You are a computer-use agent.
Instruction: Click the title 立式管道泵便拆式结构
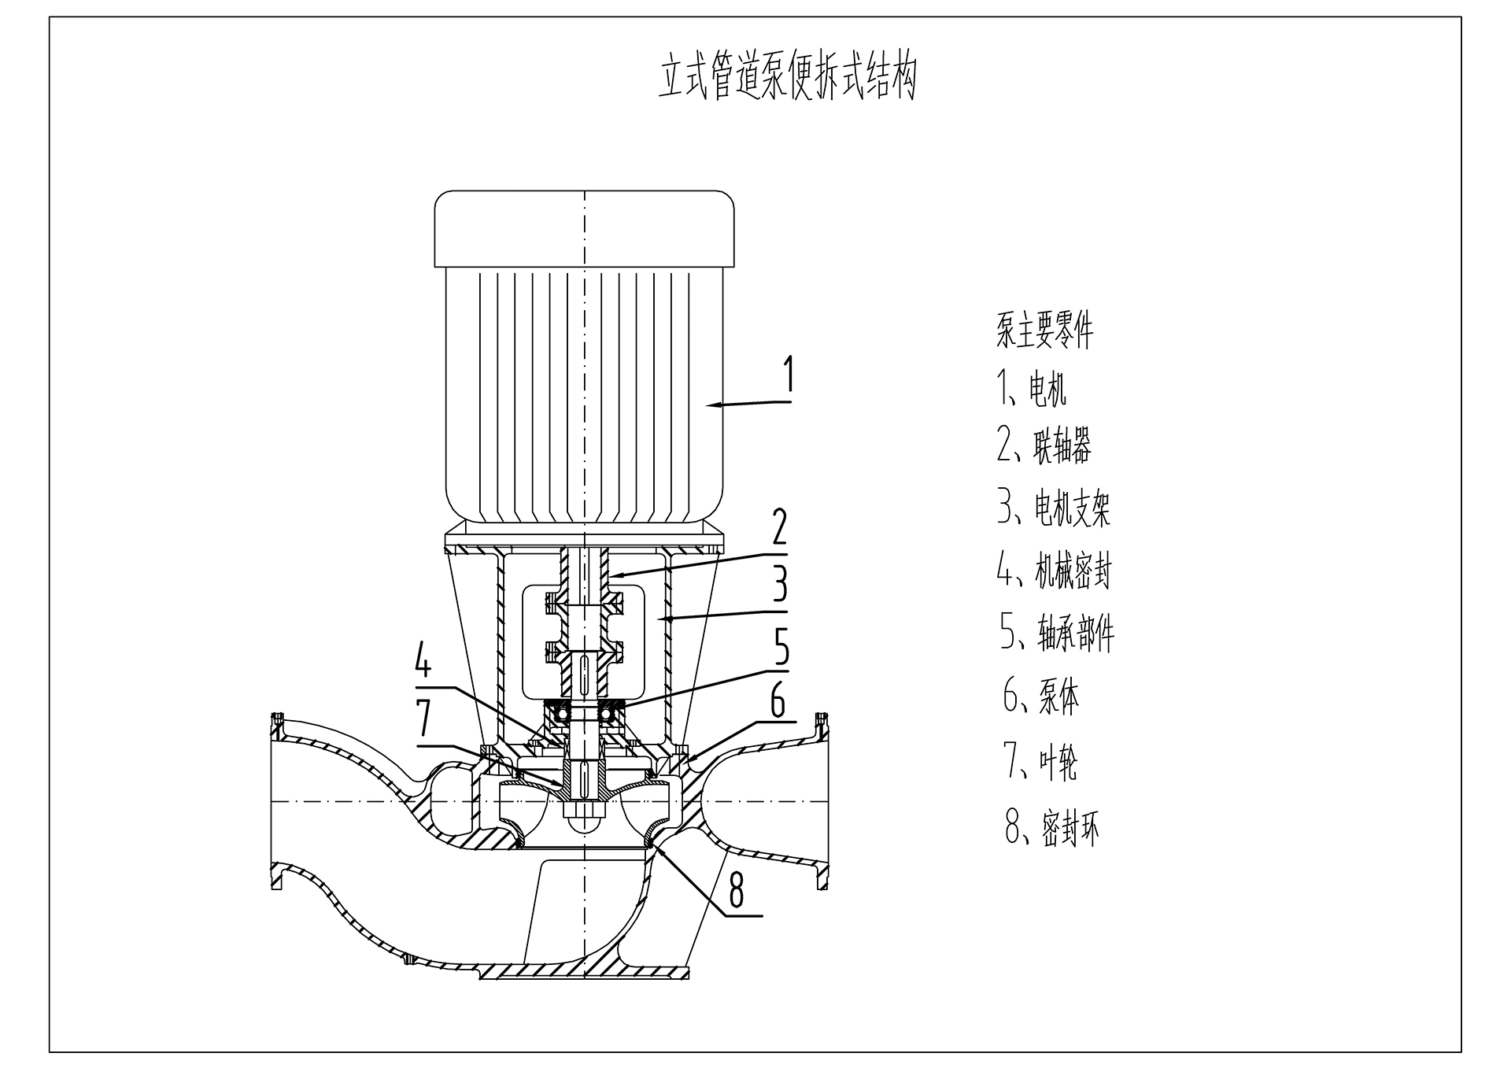click(788, 77)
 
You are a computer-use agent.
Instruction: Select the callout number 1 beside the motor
click(788, 376)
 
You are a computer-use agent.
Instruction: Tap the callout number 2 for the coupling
click(779, 527)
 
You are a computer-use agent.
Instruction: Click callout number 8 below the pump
click(737, 891)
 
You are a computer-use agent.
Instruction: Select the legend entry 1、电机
click(1032, 389)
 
